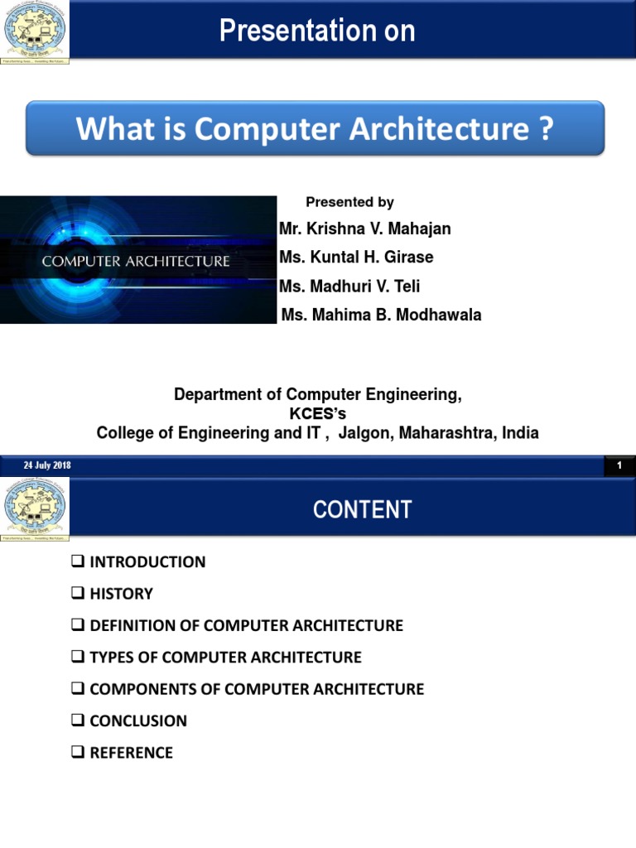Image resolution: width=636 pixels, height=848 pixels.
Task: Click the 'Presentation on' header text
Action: pos(317,31)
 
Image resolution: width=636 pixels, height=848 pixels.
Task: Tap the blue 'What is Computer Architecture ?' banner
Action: pos(315,128)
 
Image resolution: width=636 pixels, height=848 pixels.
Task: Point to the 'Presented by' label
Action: pos(349,202)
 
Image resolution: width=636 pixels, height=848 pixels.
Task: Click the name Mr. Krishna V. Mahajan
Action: pos(365,229)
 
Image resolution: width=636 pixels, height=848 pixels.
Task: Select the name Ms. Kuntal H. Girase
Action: pos(356,258)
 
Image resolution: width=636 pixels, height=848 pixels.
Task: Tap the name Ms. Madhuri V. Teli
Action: pos(349,287)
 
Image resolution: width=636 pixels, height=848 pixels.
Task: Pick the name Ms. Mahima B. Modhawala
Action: pos(381,315)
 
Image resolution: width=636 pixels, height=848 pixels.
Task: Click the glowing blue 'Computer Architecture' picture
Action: pos(137,260)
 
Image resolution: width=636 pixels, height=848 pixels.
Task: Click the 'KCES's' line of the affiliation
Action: pos(317,414)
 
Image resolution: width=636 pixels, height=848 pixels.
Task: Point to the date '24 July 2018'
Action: pos(47,465)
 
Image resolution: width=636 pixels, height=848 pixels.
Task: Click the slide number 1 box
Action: pos(619,466)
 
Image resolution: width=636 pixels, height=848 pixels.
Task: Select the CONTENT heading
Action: pos(362,509)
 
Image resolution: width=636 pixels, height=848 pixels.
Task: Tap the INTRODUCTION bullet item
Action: pos(147,562)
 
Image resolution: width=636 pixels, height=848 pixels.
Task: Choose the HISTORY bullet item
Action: pos(121,594)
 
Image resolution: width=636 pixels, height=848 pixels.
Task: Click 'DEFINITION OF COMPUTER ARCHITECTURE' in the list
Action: pos(246,625)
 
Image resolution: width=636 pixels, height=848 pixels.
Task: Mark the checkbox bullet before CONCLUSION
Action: pos(78,720)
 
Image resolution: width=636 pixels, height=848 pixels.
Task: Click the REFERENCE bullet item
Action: pos(131,753)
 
